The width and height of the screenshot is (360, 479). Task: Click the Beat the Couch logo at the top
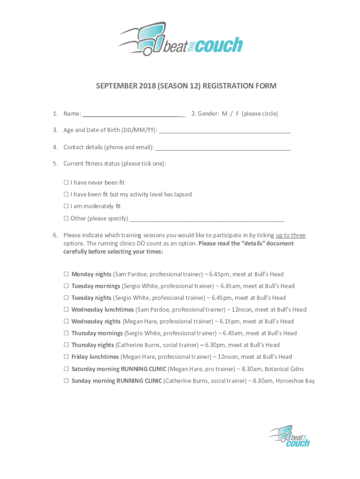(180, 39)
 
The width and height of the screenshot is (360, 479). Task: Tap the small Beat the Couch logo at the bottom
(290, 436)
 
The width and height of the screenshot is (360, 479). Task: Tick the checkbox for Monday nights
(66, 275)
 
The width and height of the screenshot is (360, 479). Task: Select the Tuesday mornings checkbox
(66, 286)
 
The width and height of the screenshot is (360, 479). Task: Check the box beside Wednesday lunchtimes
(66, 310)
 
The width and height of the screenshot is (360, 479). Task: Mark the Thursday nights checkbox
(66, 345)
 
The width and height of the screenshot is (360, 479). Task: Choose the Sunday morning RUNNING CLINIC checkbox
(66, 381)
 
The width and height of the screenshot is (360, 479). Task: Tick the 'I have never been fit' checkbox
(66, 183)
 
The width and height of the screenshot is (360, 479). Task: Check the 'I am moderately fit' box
(66, 206)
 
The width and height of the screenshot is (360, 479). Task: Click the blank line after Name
(134, 114)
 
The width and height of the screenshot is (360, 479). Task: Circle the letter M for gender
(224, 114)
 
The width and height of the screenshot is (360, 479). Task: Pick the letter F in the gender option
(237, 114)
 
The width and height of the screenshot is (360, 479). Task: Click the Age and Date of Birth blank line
(224, 131)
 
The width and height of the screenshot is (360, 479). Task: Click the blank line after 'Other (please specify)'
(207, 219)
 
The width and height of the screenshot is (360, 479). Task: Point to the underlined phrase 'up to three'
(290, 235)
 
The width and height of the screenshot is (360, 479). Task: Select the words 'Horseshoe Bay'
(295, 381)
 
